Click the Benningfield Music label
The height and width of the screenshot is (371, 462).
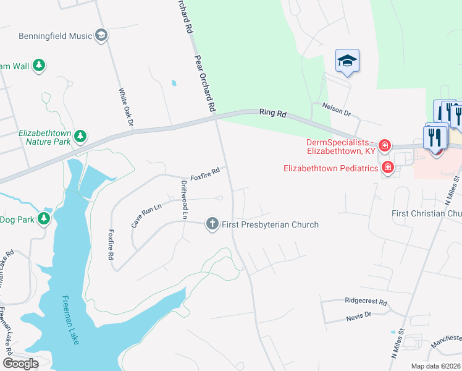pos(55,36)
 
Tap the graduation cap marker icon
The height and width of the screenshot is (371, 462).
pos(347,61)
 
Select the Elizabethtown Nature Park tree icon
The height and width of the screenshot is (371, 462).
pos(80,135)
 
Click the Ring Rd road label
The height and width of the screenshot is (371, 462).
pos(274,114)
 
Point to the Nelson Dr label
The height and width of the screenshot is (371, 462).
pos(336,109)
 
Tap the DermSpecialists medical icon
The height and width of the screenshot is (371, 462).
pos(384,146)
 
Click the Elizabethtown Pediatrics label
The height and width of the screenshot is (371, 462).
pos(330,168)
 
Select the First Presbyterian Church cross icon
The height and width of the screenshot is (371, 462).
pos(212,223)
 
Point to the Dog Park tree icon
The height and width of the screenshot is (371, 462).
pos(43,218)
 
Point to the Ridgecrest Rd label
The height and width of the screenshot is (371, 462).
pos(366,303)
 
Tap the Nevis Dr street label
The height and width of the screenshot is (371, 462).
pos(359,315)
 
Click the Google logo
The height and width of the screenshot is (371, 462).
pos(20,364)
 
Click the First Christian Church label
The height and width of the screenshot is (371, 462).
pos(427,213)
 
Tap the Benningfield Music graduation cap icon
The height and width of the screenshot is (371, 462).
pos(101,36)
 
